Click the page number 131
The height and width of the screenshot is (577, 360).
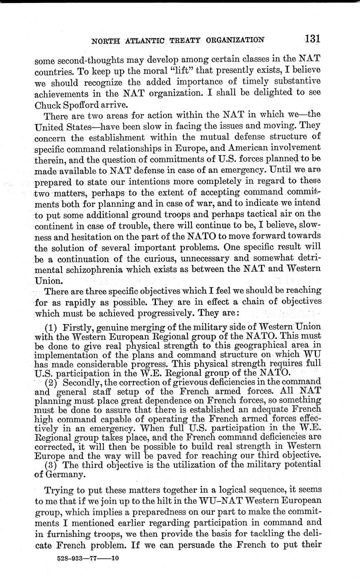312,39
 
